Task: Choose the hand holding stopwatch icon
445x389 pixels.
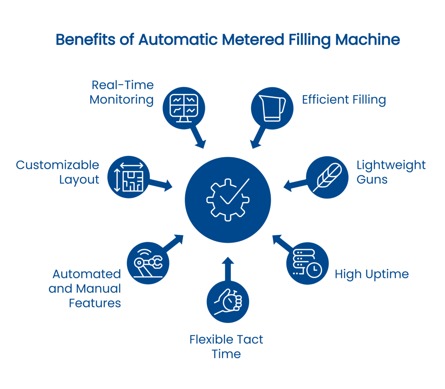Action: pos(228,300)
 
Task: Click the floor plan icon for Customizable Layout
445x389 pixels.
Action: pos(128,178)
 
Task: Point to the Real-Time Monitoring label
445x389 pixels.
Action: pos(122,92)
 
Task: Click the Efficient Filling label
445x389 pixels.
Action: pos(344,100)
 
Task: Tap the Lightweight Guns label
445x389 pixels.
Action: pos(391,172)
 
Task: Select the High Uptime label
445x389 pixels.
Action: pos(371,274)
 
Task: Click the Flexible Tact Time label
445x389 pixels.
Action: pos(226,346)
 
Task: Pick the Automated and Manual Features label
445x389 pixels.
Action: pos(85,288)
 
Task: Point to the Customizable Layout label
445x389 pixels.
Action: pos(58,172)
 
